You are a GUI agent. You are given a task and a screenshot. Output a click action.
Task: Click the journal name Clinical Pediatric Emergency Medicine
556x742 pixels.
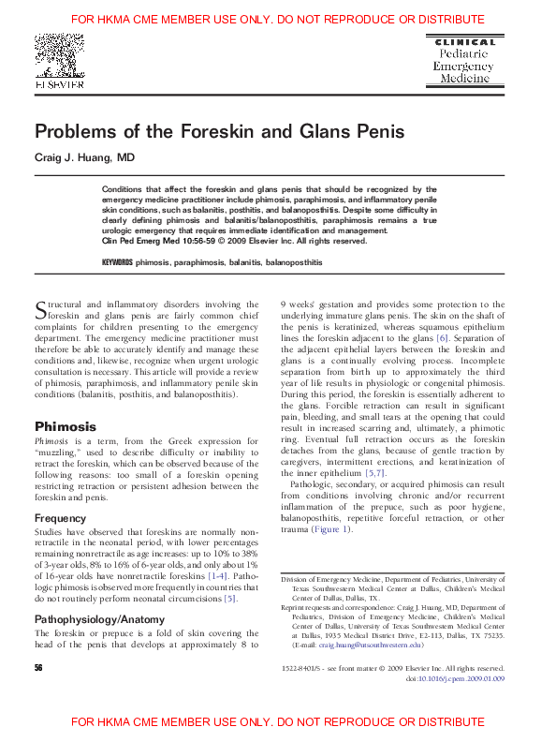click(460, 62)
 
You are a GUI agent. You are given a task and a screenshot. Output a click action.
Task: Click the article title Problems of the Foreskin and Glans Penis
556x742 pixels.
click(220, 132)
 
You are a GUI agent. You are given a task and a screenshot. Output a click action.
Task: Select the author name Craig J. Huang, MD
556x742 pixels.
click(85, 158)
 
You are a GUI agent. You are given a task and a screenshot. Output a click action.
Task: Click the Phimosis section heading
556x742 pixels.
click(66, 425)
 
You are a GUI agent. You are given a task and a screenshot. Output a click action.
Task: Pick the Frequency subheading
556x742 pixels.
click(60, 518)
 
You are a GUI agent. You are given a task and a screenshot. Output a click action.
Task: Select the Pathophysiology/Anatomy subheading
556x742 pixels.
click(99, 619)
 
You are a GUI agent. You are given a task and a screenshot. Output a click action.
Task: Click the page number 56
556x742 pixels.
click(39, 667)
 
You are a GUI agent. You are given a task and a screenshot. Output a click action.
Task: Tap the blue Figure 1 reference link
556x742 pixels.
click(334, 528)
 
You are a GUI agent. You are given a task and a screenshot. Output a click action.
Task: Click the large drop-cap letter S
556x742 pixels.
click(40, 309)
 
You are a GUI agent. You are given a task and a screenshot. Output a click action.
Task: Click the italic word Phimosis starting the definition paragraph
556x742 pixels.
click(51, 440)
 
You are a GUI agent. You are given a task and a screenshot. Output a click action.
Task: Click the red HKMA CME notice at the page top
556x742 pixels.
click(277, 19)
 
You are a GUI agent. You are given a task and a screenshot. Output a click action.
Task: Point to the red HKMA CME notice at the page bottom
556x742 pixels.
click(277, 722)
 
